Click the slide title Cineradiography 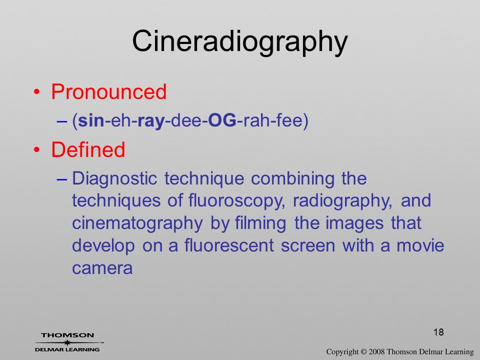coord(240,42)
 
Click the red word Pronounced coord(108,91)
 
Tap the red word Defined coord(88,149)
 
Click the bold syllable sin coord(91,120)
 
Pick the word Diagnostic coord(115,179)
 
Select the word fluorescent coord(229,246)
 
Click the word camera coord(102,268)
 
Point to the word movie coord(420,246)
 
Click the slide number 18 coord(438,332)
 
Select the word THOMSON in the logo coord(67,335)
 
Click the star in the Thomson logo coord(67,343)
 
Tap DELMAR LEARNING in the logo coord(67,349)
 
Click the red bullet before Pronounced coord(36,92)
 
